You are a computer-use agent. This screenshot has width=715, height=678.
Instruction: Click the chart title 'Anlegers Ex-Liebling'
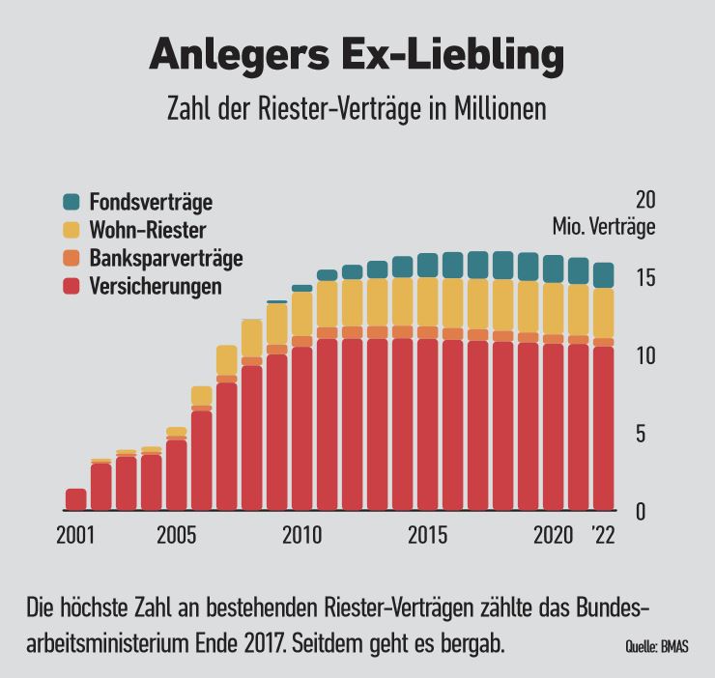[x=357, y=56]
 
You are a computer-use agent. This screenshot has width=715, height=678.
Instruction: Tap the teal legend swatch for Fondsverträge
[x=71, y=202]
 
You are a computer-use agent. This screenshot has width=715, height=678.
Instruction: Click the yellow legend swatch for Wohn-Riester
[x=71, y=230]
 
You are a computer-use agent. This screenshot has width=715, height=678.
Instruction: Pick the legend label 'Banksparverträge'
[x=165, y=258]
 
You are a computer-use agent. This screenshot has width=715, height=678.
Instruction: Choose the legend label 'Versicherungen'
[x=155, y=287]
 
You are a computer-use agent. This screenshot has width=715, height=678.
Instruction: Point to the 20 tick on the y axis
[x=644, y=200]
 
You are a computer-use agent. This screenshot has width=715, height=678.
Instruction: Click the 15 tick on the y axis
[x=644, y=278]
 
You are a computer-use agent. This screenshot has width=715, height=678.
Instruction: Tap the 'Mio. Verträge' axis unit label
[x=604, y=228]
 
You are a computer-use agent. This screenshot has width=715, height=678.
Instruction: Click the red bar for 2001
[x=76, y=499]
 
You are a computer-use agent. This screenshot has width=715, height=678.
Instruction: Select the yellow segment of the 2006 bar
[x=202, y=396]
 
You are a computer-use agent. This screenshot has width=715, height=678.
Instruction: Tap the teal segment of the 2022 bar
[x=603, y=275]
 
